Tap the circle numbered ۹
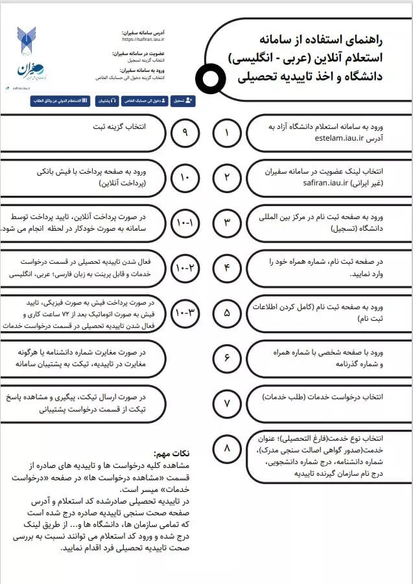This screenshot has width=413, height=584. pyautogui.click(x=185, y=132)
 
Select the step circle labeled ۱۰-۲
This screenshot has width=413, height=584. pyautogui.click(x=185, y=268)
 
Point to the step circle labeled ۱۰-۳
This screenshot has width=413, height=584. pyautogui.click(x=185, y=313)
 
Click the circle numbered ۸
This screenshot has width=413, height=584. pyautogui.click(x=227, y=449)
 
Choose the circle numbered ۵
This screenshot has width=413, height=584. pyautogui.click(x=227, y=313)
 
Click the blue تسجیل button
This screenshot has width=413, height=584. pyautogui.click(x=183, y=101)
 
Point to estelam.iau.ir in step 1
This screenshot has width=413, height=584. pyautogui.click(x=342, y=138)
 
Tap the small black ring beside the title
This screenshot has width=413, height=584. pyautogui.click(x=209, y=79)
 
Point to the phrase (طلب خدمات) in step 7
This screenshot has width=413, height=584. pyautogui.click(x=286, y=396)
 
